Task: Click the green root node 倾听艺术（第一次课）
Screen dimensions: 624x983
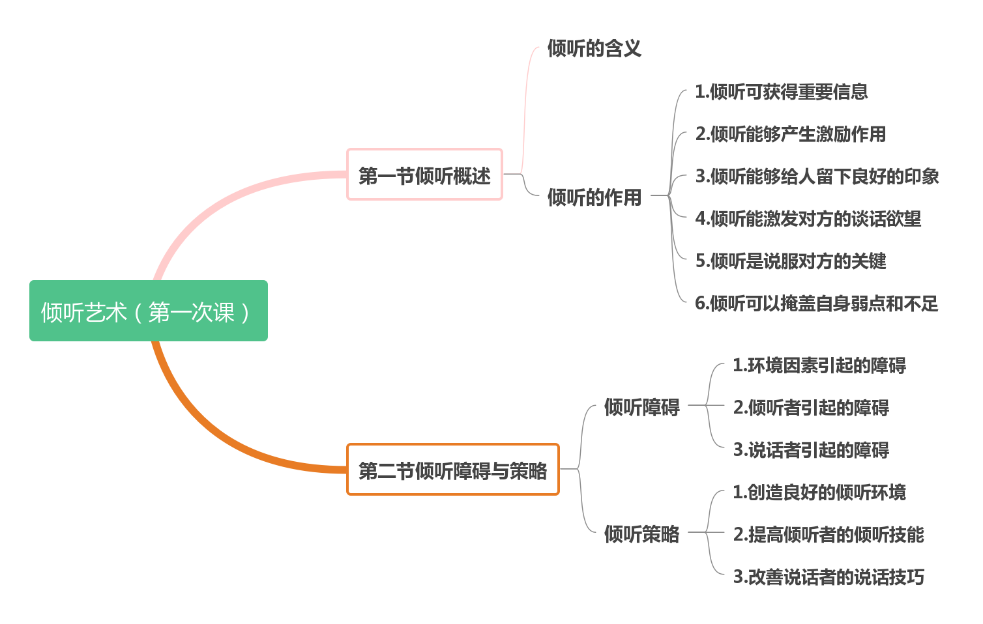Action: point(148,311)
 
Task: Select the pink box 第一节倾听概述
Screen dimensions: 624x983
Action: point(424,175)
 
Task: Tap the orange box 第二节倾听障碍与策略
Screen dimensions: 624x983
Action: point(452,470)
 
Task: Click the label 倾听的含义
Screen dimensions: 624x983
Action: point(594,48)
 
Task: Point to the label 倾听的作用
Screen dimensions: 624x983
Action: point(594,197)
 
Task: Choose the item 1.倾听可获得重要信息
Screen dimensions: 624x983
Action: point(781,92)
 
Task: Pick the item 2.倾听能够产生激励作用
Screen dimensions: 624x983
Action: point(790,134)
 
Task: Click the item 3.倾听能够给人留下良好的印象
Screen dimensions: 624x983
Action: point(817,177)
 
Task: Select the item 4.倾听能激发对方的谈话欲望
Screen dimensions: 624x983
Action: point(808,219)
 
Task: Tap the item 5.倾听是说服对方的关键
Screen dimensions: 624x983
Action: point(790,261)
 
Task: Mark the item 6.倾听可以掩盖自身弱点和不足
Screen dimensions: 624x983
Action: point(816,304)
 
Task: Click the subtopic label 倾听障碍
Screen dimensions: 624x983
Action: point(641,407)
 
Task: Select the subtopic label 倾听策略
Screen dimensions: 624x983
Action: point(641,534)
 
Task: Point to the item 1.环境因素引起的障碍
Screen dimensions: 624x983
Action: point(819,365)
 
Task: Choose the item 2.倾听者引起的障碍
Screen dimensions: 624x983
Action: point(810,408)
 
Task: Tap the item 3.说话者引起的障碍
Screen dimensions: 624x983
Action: point(810,450)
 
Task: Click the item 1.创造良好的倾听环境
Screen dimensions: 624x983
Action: point(819,492)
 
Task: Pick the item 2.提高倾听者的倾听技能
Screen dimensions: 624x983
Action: point(828,535)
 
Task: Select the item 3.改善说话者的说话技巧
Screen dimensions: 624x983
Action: point(828,577)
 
